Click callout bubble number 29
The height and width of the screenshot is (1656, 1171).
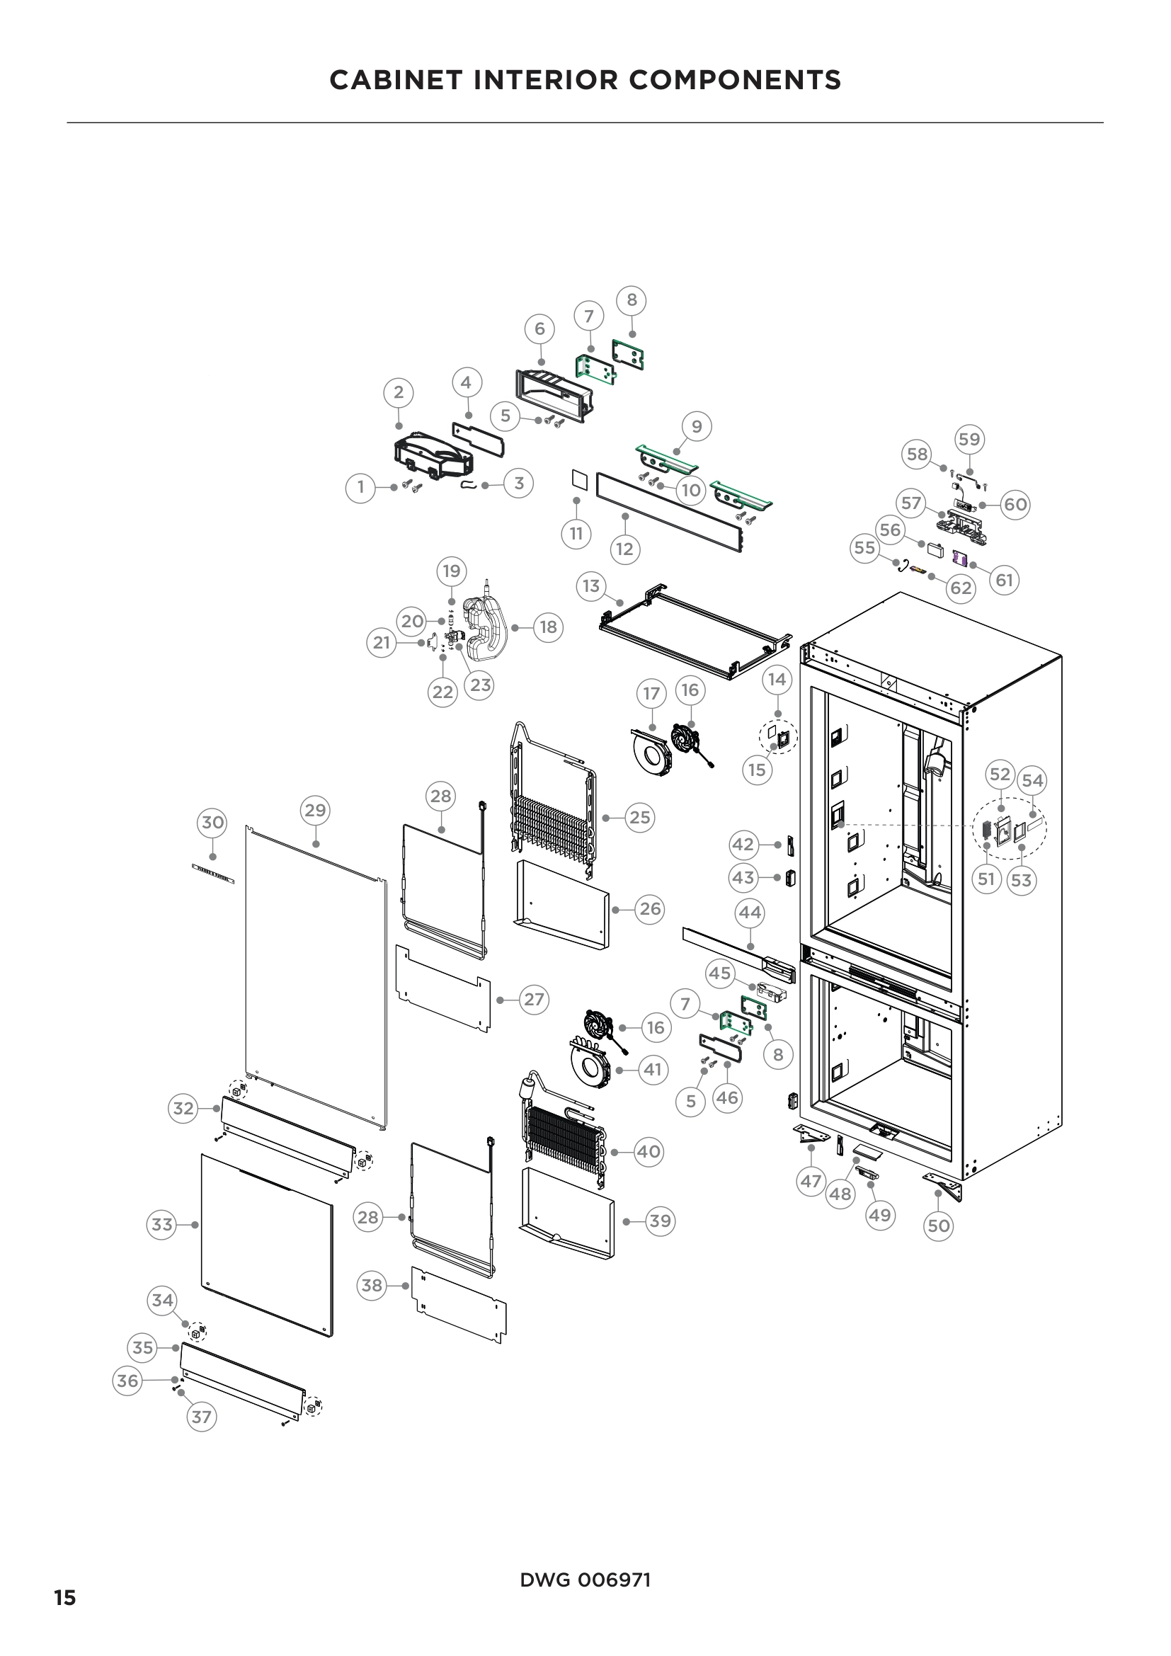(x=315, y=810)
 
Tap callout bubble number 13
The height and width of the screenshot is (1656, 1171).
(x=591, y=586)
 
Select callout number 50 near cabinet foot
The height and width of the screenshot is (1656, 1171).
(x=938, y=1226)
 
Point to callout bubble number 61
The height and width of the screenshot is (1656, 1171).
(x=1005, y=580)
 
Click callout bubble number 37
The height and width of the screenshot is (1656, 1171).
(x=201, y=1417)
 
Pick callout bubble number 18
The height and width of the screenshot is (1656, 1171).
(x=548, y=627)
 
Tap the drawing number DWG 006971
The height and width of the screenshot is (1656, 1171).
(x=585, y=1580)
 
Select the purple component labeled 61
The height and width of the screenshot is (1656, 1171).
(x=959, y=557)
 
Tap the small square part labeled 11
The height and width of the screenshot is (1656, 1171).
(x=576, y=478)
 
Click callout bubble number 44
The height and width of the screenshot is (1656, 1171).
(x=749, y=913)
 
